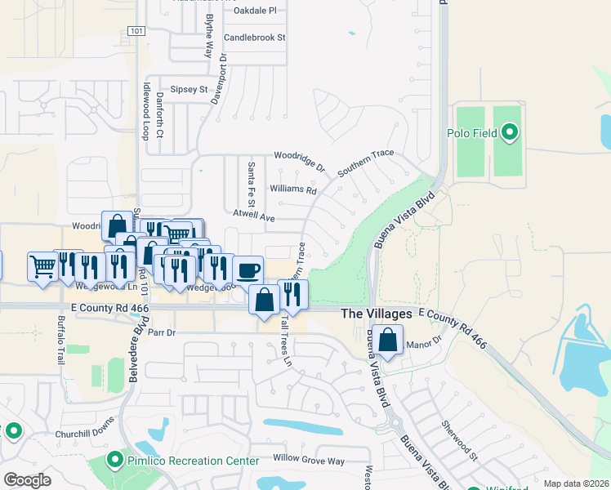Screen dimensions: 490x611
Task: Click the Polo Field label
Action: click(472, 132)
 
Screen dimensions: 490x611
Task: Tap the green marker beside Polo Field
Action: click(511, 131)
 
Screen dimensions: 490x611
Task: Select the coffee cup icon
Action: click(248, 269)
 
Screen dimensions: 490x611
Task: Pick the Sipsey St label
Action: click(190, 89)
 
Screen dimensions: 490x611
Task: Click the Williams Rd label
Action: click(293, 189)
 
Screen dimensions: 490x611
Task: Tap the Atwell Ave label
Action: click(253, 218)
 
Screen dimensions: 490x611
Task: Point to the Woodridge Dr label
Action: click(300, 159)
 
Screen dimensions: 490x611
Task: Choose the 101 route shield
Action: click(136, 31)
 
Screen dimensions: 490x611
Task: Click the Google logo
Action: click(27, 480)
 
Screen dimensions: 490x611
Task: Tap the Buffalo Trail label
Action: click(61, 339)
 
